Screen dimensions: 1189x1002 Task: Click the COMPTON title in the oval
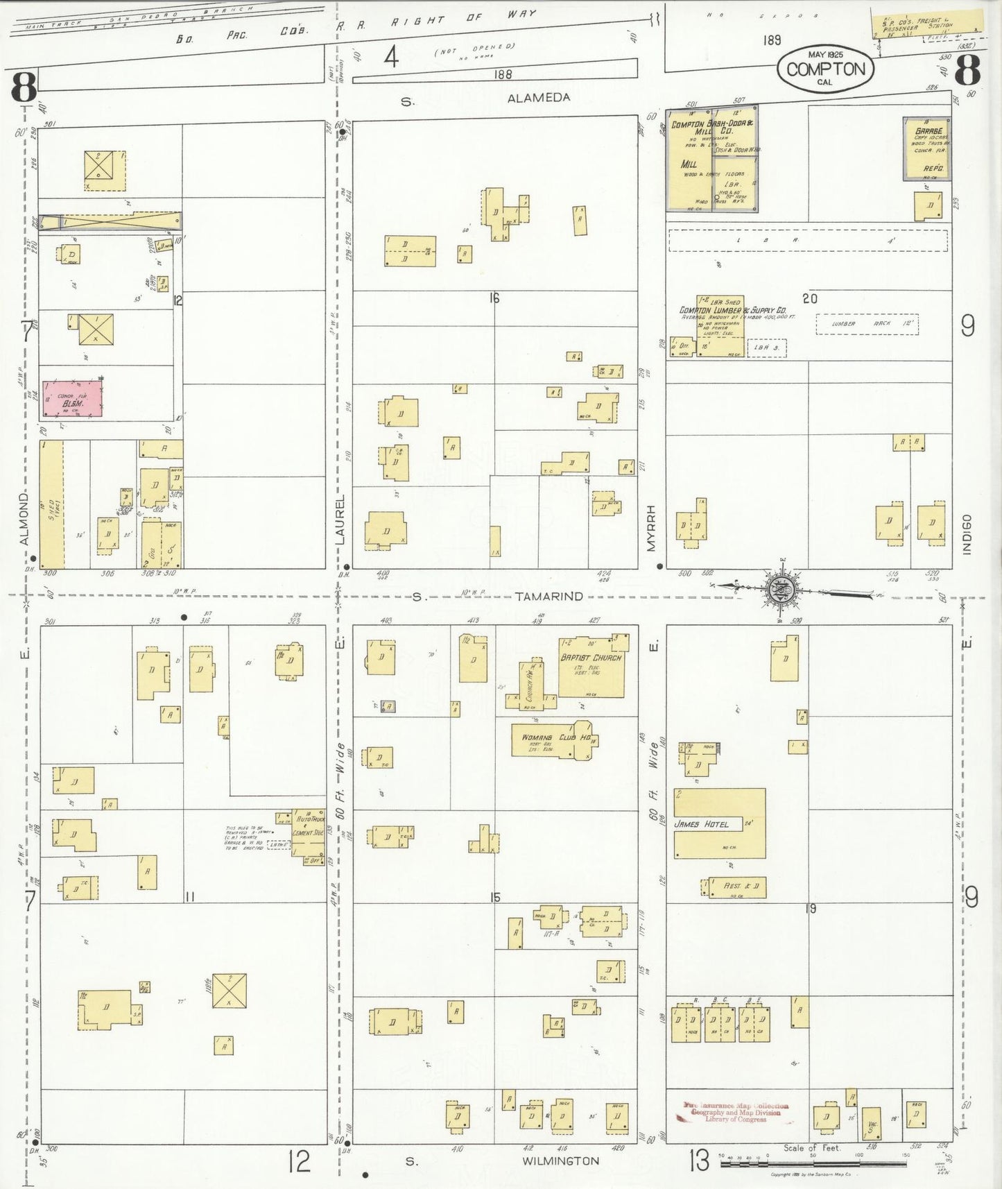pyautogui.click(x=825, y=69)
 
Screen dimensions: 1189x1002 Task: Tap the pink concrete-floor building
pyautogui.click(x=71, y=397)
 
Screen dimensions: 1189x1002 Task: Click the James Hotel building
pyautogui.click(x=719, y=823)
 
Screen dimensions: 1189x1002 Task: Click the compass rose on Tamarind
pyautogui.click(x=780, y=590)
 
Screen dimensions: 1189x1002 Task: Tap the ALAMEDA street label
pyautogui.click(x=539, y=99)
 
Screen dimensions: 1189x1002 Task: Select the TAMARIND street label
pyautogui.click(x=548, y=597)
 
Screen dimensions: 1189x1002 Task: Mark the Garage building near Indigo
pyautogui.click(x=926, y=148)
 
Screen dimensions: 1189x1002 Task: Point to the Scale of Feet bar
pyautogui.click(x=813, y=1163)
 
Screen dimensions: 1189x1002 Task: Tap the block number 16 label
pyautogui.click(x=493, y=298)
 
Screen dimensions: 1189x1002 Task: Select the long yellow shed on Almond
pyautogui.click(x=51, y=505)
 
